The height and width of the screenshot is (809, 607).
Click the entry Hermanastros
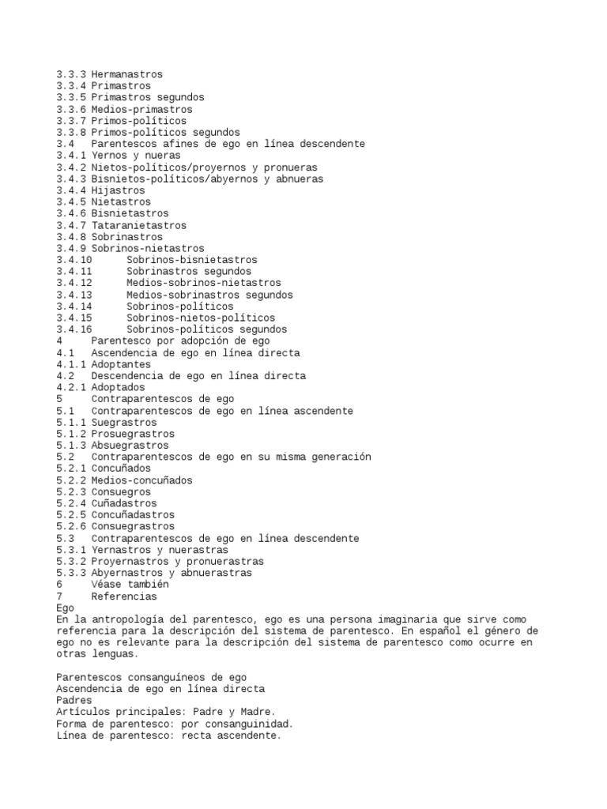[126, 74]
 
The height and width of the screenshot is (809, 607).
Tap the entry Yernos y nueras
[135, 156]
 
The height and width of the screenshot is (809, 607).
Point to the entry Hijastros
[118, 190]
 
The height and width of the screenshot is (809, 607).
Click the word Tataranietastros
[138, 225]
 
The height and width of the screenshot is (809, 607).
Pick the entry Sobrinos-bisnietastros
[191, 260]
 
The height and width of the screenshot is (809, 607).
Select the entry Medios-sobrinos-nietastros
[203, 283]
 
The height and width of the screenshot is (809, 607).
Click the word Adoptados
[118, 388]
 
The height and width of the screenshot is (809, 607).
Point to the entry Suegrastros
[123, 423]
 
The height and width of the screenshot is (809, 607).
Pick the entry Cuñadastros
[123, 503]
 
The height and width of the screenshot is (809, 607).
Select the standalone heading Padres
[74, 701]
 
